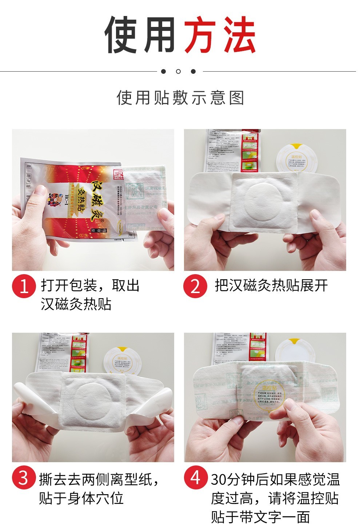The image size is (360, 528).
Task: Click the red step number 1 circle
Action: tap(24, 287)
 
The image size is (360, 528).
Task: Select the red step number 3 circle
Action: tap(24, 478)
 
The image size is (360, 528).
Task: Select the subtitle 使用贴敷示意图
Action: tap(180, 98)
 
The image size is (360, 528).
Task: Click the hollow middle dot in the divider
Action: tap(178, 71)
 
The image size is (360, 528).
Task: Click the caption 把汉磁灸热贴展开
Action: tap(271, 286)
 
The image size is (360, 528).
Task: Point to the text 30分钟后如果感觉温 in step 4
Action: tap(275, 480)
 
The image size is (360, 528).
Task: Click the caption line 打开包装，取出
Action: tap(90, 286)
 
